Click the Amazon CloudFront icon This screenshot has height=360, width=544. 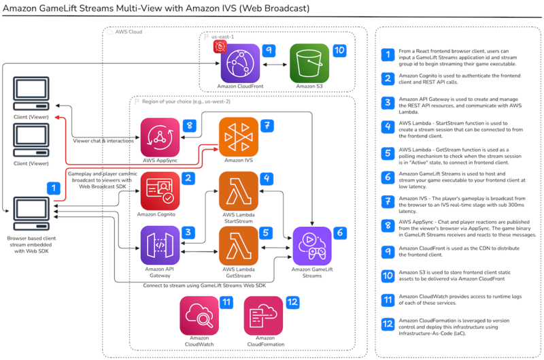coord(239,63)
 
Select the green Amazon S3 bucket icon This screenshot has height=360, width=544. coord(309,63)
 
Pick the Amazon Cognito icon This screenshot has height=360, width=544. coord(160,191)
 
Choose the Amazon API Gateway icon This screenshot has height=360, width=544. coord(160,246)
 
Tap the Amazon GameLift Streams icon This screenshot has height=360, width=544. coord(312,246)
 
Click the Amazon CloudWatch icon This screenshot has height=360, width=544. coord(199,314)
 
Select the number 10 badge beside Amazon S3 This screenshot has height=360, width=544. coord(339,51)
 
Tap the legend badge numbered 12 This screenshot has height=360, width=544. coord(387,325)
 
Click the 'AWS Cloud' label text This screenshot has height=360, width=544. coord(129,31)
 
